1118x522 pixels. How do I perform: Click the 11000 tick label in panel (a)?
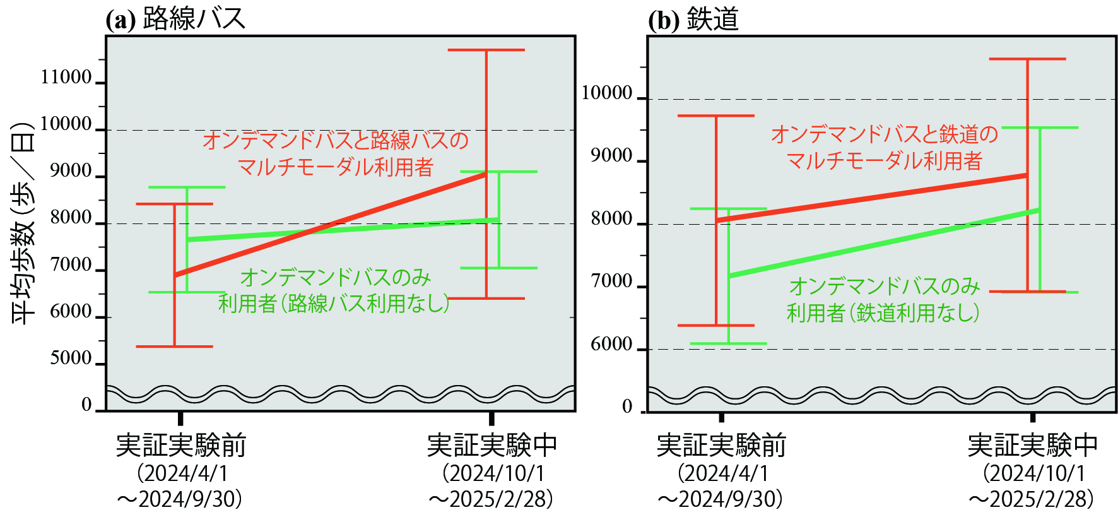(x=66, y=77)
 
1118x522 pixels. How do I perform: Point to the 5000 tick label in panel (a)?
(x=70, y=358)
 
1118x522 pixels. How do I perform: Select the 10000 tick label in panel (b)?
(x=606, y=93)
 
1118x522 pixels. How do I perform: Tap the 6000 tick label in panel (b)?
(x=611, y=344)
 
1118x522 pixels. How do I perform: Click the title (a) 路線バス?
(x=175, y=19)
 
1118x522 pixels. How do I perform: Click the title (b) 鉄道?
(x=693, y=19)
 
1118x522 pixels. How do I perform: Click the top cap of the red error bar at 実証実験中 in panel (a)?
(x=486, y=50)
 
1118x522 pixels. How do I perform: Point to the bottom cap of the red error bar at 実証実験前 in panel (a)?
(x=175, y=347)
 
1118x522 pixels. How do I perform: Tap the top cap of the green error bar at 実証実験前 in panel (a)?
(x=187, y=187)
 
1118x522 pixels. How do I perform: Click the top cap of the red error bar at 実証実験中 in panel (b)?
(x=1027, y=59)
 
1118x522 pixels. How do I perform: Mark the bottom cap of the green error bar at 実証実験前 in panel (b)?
(x=728, y=343)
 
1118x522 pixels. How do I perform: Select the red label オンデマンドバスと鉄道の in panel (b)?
(x=884, y=134)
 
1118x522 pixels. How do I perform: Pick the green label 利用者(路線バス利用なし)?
(x=334, y=304)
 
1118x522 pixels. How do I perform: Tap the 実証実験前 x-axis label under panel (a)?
(x=180, y=446)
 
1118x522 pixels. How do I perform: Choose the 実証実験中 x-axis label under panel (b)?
(x=1032, y=446)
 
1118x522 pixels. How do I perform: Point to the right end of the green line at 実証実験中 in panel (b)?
(x=1039, y=210)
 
